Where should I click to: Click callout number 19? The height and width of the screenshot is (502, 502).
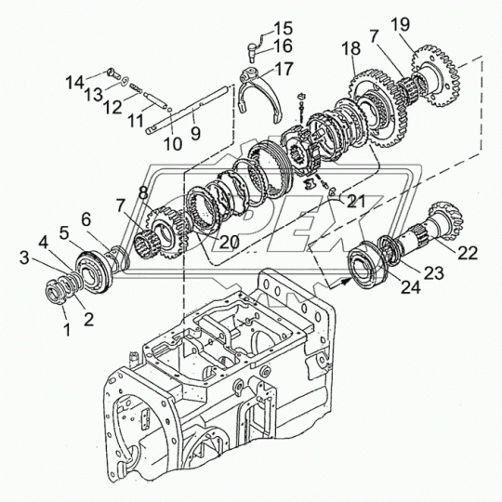point(400,25)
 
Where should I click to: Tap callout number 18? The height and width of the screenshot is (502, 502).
point(350,49)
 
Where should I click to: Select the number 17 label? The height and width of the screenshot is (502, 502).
point(284,69)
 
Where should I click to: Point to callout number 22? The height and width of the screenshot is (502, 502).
point(468,253)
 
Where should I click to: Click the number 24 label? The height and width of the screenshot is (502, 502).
point(411,287)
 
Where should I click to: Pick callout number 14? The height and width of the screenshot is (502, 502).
point(74,83)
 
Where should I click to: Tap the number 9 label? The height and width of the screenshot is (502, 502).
point(195,133)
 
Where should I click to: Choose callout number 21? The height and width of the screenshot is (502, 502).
point(356,202)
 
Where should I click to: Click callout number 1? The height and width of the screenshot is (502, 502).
point(67,329)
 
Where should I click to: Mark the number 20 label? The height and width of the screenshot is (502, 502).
point(230,243)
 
